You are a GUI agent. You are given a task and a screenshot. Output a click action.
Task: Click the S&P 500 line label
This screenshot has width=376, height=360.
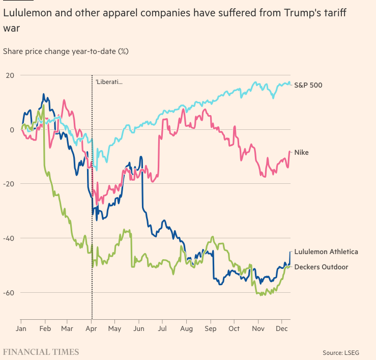click(308, 86)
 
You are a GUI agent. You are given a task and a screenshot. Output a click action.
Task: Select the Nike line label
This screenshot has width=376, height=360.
click(301, 153)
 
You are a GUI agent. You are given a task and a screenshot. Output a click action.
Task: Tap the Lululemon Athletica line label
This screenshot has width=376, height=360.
click(326, 252)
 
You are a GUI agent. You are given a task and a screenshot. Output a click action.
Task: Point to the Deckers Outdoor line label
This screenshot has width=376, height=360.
click(321, 267)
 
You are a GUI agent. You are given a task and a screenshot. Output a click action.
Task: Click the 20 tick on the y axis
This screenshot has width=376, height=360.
click(10, 75)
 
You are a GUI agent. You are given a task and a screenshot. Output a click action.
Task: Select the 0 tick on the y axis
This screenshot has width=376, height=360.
click(12, 130)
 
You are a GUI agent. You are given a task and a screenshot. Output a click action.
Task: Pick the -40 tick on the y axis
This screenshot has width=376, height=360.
click(9, 238)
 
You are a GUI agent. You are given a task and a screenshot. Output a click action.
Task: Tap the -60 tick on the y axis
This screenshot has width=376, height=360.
click(9, 293)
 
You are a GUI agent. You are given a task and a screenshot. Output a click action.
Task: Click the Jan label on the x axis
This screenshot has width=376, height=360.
click(21, 329)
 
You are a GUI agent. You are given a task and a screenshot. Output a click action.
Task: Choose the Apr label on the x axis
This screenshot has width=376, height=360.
click(92, 329)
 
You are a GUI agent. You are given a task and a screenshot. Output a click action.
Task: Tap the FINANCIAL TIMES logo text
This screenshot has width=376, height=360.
click(41, 352)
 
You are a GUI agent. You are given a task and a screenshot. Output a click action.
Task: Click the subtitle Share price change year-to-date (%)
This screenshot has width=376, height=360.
click(66, 51)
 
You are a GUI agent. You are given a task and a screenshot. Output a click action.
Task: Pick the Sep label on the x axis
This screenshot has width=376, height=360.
click(210, 329)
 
